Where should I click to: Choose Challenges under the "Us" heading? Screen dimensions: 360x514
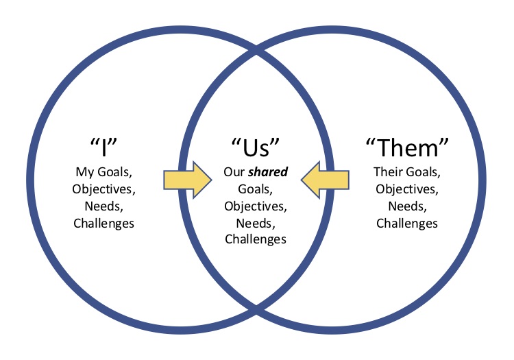click(256, 239)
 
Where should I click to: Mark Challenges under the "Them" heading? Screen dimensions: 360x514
click(406, 223)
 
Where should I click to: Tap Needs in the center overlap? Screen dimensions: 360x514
click(256, 223)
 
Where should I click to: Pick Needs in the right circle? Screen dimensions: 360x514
click(406, 206)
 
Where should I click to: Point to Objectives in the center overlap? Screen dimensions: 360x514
click(256, 206)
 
